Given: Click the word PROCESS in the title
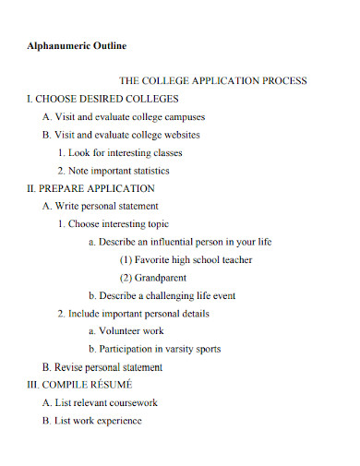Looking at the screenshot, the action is pos(284,81).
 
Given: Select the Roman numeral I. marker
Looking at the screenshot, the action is pos(30,99).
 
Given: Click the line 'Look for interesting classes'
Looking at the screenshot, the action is pos(119,152).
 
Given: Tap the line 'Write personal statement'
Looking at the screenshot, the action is pos(101,206).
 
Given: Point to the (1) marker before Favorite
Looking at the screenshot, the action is pos(127,260).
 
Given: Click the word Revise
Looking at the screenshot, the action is pos(67,367).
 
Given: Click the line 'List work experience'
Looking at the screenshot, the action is pos(91,421).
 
